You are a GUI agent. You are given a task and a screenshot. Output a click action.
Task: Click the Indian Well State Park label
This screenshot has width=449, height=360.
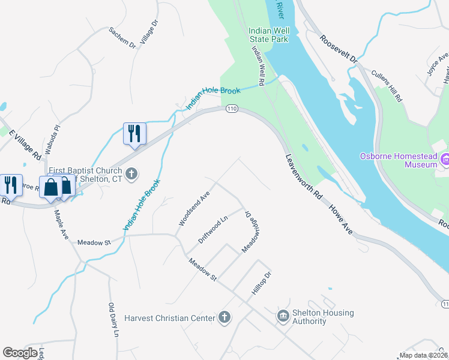(269, 35)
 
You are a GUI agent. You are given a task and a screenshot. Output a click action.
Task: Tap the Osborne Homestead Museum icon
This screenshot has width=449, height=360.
(445, 160)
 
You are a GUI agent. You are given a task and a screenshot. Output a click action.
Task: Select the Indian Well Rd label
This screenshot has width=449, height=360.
(259, 66)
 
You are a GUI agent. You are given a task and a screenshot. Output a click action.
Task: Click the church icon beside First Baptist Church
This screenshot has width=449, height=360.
(133, 174)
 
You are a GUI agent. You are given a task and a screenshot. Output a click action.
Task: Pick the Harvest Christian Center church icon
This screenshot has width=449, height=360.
(224, 317)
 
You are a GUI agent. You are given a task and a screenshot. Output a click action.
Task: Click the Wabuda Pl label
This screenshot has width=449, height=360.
(52, 136)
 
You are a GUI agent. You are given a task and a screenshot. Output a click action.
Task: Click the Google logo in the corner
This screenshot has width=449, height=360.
(20, 353)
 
